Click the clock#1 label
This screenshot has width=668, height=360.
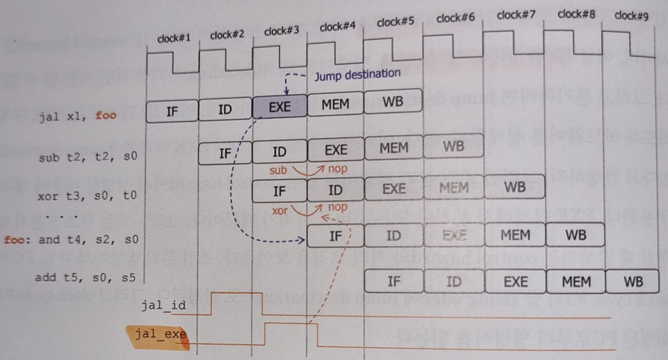[174, 39]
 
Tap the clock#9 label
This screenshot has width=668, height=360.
[631, 15]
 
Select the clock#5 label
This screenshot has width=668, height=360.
[396, 21]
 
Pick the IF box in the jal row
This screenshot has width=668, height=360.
[172, 110]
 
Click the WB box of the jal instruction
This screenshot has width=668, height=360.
[393, 102]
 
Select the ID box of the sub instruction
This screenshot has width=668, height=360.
[280, 152]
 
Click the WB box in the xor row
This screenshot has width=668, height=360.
[514, 187]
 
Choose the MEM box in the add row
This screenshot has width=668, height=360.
[576, 281]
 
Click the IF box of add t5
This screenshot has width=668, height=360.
[394, 281]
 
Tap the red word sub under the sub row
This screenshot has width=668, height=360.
[277, 171]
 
